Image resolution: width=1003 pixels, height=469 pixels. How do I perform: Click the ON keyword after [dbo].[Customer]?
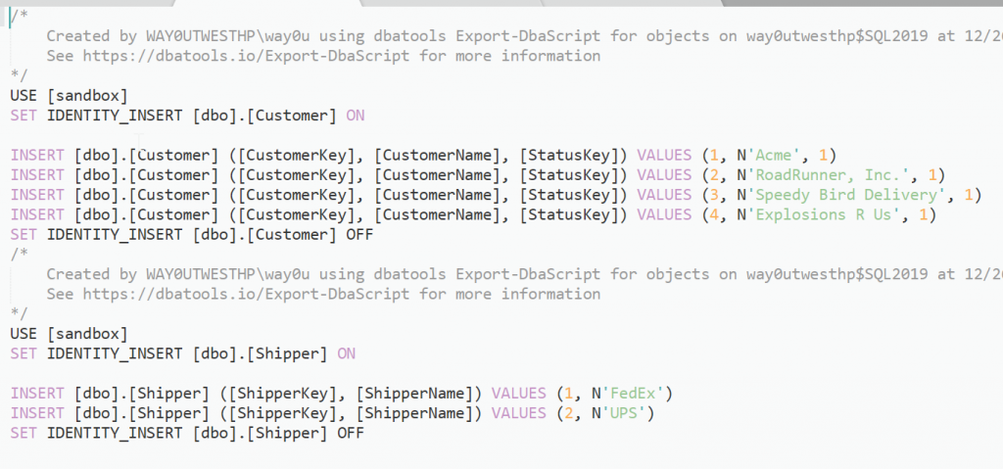[x=355, y=116]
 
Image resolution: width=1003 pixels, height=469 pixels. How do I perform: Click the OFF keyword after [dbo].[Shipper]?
[x=350, y=432]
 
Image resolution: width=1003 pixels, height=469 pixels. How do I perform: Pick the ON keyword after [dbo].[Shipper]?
[x=346, y=352]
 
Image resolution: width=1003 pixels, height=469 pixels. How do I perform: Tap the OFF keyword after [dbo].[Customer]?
[x=359, y=234]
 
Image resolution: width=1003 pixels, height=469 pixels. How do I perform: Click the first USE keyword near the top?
[x=24, y=95]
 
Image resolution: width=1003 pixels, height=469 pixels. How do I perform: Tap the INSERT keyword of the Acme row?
[x=37, y=155]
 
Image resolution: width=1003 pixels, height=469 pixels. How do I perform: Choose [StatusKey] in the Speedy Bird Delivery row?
[x=572, y=195]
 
